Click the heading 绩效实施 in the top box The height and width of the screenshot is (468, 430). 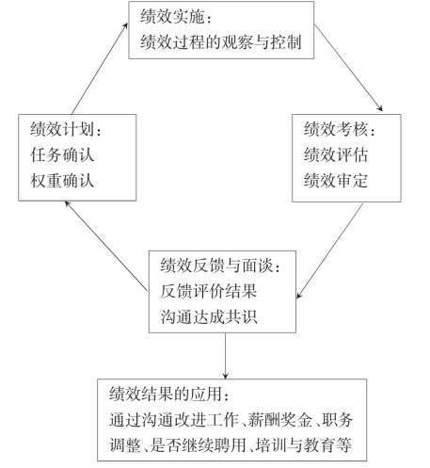(x=172, y=17)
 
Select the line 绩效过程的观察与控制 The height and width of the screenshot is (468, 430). (x=221, y=42)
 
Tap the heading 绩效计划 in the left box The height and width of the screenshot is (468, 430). (x=62, y=129)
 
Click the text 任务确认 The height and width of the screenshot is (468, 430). (x=62, y=154)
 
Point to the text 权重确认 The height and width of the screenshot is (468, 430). (x=62, y=181)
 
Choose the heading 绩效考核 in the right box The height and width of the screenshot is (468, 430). (x=336, y=129)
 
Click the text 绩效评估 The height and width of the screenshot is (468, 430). (x=336, y=154)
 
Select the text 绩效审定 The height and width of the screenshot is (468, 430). (x=336, y=181)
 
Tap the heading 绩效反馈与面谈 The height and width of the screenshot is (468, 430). (x=216, y=266)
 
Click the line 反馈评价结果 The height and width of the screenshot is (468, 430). (x=209, y=291)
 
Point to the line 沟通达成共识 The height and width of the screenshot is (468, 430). (x=209, y=316)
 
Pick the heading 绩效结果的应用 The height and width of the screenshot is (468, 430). (x=166, y=394)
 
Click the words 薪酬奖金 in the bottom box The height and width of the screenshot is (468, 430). (x=280, y=420)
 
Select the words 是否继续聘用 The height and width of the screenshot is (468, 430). (x=198, y=445)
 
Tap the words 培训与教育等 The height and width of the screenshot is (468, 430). (x=304, y=445)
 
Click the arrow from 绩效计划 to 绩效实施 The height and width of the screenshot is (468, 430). (x=100, y=69)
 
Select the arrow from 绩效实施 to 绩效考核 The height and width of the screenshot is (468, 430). (x=348, y=68)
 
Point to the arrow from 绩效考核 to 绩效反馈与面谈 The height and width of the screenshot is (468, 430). (x=330, y=250)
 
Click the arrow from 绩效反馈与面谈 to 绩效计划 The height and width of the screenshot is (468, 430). (x=105, y=246)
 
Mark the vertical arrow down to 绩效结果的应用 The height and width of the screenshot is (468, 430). (x=225, y=356)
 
